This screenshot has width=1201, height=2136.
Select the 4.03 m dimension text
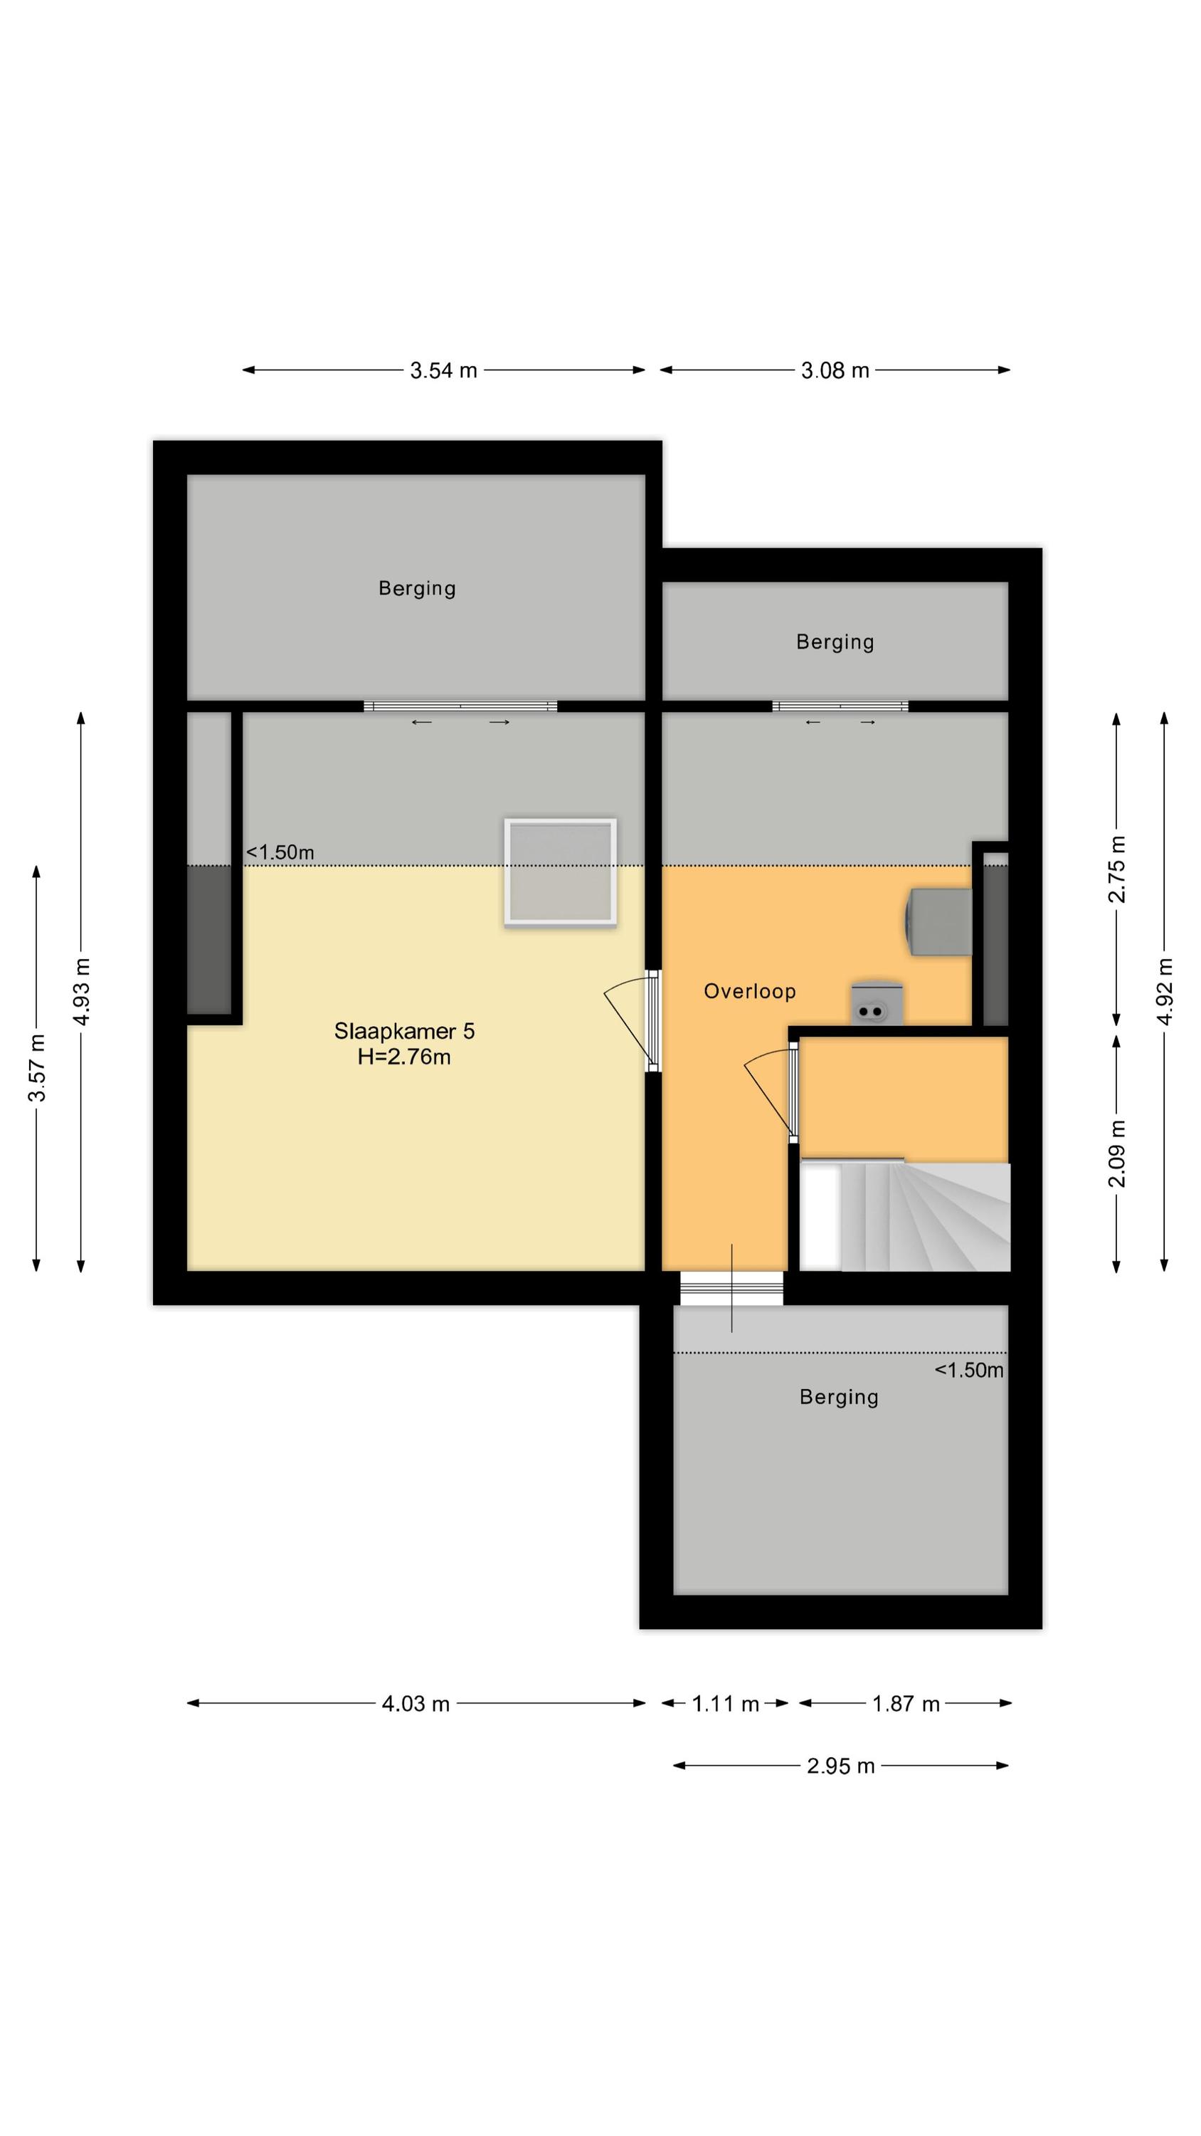tap(416, 1703)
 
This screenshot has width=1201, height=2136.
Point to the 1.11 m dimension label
tap(725, 1703)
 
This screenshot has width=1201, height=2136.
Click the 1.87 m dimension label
tap(906, 1703)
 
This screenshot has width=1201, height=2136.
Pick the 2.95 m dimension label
tap(840, 1765)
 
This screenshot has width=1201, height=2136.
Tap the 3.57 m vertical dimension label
tap(37, 1068)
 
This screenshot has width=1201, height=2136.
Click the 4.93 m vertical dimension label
tap(81, 991)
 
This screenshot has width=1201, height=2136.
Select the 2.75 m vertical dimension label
tap(1117, 869)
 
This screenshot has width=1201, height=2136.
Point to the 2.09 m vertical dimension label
tap(1117, 1153)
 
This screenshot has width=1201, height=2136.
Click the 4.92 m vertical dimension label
tap(1165, 991)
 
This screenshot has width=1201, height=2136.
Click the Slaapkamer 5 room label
tap(404, 1031)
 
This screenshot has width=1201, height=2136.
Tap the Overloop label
tap(749, 991)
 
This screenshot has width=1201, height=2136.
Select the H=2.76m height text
tap(404, 1057)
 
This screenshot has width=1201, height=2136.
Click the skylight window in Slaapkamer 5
tap(561, 871)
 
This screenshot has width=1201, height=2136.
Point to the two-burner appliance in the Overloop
tap(876, 1003)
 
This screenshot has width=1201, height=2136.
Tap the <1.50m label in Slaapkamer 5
tap(280, 852)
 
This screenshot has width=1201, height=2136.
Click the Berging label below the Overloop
tap(839, 1397)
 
